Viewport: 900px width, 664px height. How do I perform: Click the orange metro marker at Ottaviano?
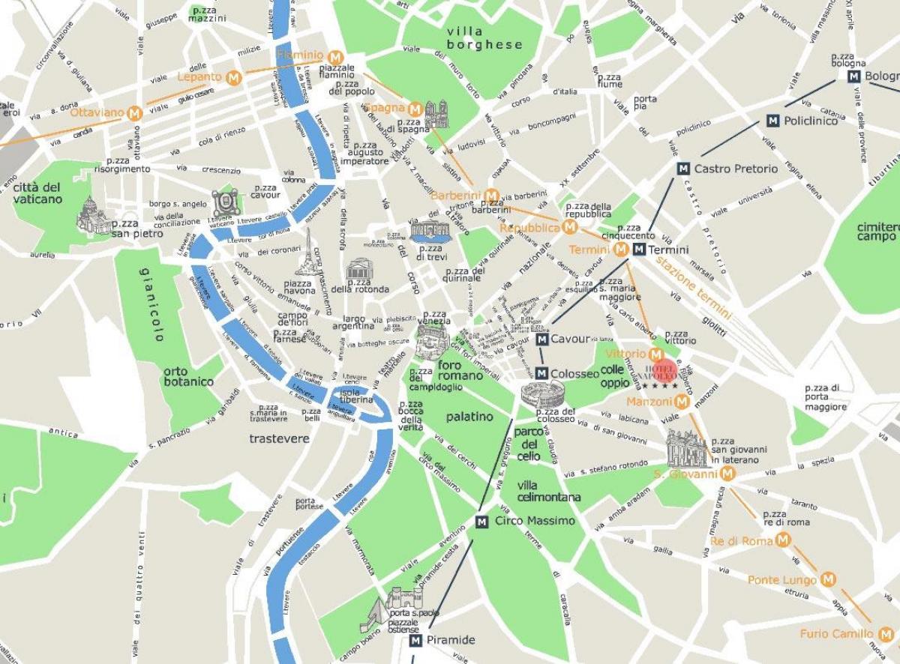click(135, 113)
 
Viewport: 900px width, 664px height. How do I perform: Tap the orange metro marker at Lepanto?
click(235, 76)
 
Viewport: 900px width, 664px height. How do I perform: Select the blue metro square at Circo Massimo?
click(481, 521)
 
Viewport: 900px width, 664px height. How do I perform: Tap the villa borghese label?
click(483, 37)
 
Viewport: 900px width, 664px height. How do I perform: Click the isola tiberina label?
click(355, 396)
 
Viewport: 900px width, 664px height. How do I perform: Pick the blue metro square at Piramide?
click(415, 641)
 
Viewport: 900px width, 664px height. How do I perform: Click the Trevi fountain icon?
click(428, 231)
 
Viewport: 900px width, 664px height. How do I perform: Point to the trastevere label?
click(279, 439)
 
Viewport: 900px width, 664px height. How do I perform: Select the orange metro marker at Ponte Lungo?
click(828, 579)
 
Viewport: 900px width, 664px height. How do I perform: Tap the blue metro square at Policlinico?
click(772, 121)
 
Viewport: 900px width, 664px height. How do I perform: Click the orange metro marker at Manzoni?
click(681, 402)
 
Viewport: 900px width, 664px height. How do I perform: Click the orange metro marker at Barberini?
click(492, 196)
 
